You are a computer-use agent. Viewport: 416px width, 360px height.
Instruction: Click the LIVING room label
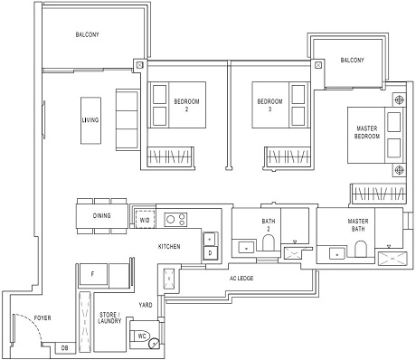[x=90, y=120]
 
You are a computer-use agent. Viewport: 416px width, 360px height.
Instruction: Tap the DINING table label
[x=102, y=215]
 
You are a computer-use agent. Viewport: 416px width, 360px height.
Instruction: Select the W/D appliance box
[x=144, y=220]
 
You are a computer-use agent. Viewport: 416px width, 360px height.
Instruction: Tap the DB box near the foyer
[x=64, y=347]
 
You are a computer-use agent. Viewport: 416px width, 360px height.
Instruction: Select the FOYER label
[x=42, y=319]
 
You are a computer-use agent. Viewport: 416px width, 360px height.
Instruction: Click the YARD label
[x=144, y=305]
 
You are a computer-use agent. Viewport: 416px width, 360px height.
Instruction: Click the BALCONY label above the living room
[x=86, y=35]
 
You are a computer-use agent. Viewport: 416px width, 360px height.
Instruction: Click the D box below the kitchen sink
[x=209, y=253]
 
